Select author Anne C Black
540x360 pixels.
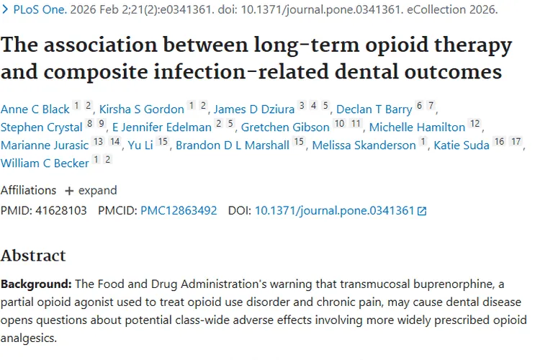coord(35,109)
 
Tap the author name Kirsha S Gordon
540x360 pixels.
coord(142,109)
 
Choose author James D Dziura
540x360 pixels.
coord(255,109)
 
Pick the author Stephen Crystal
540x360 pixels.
coord(42,127)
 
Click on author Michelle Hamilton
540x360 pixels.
coord(417,127)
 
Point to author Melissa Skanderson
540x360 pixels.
coord(364,145)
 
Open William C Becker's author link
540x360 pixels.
coord(45,163)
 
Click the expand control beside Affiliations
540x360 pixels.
coord(91,191)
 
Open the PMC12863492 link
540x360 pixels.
coord(179,211)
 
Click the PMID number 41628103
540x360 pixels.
coord(60,211)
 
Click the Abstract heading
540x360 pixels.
coord(33,256)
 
